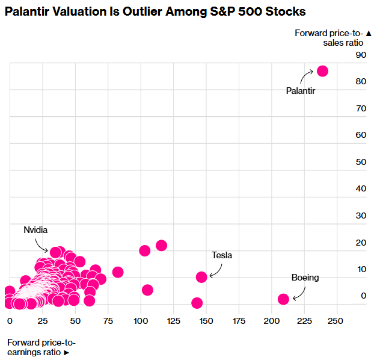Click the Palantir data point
click(x=322, y=71)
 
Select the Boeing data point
click(x=283, y=299)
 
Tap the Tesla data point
click(x=201, y=277)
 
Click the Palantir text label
click(x=301, y=91)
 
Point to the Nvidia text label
click(x=35, y=230)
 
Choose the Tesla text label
click(x=222, y=255)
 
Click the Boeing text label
click(x=305, y=278)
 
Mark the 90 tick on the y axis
click(x=360, y=55)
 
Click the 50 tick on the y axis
click(x=360, y=162)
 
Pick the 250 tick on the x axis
click(x=336, y=319)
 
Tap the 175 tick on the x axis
click(x=239, y=319)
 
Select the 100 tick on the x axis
click(x=140, y=319)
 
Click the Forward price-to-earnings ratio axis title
click(x=41, y=347)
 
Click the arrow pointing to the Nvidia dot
click(x=42, y=245)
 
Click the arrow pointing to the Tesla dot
click(x=215, y=270)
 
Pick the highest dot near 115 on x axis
click(x=161, y=245)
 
